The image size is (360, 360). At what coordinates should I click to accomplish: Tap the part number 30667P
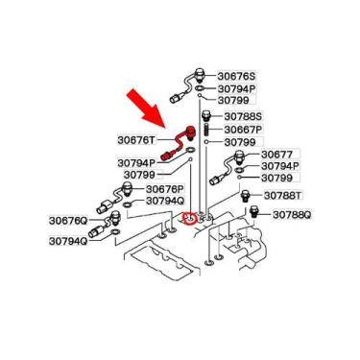[x=244, y=130]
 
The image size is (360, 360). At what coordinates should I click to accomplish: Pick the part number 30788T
[x=286, y=196]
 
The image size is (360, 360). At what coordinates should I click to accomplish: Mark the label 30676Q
[x=68, y=221]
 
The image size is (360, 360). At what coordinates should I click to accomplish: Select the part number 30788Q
[x=292, y=214]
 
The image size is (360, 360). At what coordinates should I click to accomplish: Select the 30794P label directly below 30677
[x=280, y=166]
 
